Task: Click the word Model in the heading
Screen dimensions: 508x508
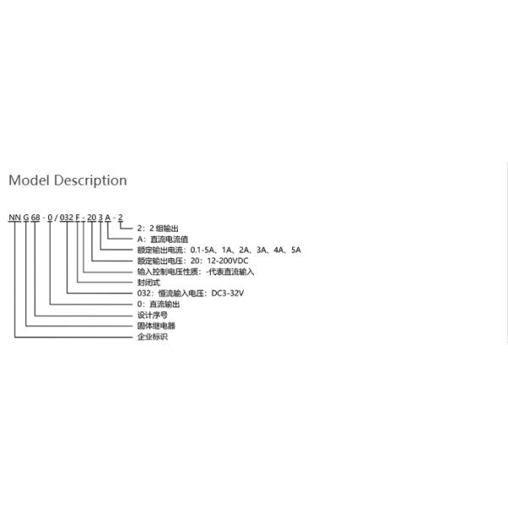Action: point(29,180)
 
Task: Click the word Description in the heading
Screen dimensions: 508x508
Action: point(91,181)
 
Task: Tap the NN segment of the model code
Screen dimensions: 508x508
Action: point(14,218)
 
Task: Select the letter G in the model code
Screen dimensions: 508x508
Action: point(26,218)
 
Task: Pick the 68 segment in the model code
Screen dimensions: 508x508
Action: point(36,218)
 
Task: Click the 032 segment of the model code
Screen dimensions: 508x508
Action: point(66,218)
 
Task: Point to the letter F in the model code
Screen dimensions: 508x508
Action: point(78,218)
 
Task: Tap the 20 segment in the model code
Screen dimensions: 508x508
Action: point(91,218)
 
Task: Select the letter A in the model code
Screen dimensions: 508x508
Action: point(108,218)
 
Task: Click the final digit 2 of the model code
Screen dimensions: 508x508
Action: point(120,218)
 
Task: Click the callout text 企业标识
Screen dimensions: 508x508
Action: point(152,337)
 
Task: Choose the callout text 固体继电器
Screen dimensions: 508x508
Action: point(156,326)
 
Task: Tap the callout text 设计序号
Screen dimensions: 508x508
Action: point(152,315)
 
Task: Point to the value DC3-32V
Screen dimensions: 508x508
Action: point(228,293)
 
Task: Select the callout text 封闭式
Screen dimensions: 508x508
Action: point(149,283)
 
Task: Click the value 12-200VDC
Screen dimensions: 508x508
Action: point(228,261)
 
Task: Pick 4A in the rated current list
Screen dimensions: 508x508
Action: point(279,250)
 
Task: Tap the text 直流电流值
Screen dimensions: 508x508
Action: point(169,240)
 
